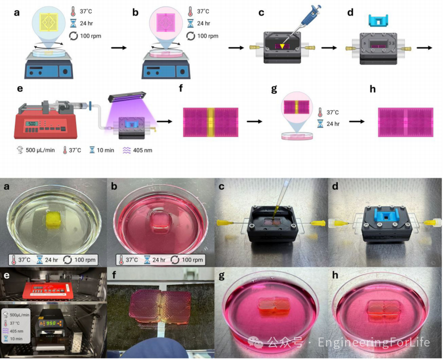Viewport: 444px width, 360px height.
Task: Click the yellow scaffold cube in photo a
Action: [x=53, y=218]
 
